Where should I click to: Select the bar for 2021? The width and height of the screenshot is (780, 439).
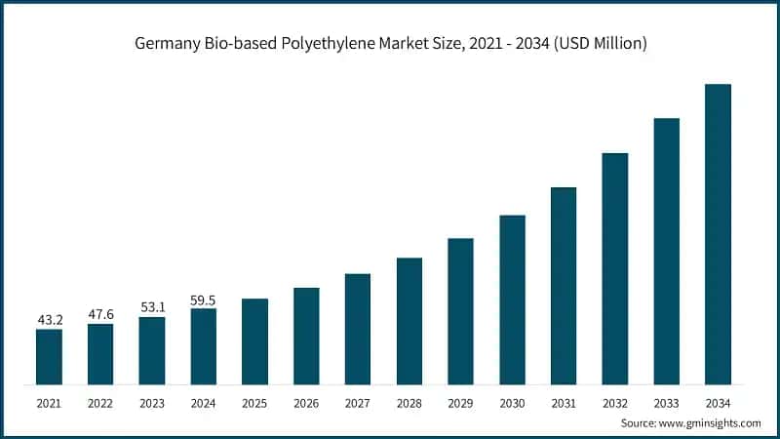click(49, 357)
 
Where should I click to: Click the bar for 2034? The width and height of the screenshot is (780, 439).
click(718, 234)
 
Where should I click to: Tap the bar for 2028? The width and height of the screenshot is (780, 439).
click(409, 321)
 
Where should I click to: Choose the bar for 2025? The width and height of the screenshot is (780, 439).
click(254, 341)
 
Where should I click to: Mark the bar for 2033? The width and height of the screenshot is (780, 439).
click(666, 252)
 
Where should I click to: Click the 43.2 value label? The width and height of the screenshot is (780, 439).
click(49, 319)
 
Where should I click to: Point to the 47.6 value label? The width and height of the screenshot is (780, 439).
click(100, 314)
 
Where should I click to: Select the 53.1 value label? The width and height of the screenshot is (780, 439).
click(151, 307)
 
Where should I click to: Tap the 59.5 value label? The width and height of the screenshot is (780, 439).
click(203, 299)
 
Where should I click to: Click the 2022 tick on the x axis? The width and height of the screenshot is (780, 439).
click(100, 402)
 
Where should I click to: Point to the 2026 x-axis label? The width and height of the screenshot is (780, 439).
click(306, 402)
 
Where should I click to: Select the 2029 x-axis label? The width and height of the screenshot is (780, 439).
click(460, 402)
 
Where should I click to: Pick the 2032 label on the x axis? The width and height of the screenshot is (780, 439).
click(614, 402)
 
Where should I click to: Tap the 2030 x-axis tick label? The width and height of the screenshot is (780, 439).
click(512, 402)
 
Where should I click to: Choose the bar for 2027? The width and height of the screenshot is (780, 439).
click(358, 329)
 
